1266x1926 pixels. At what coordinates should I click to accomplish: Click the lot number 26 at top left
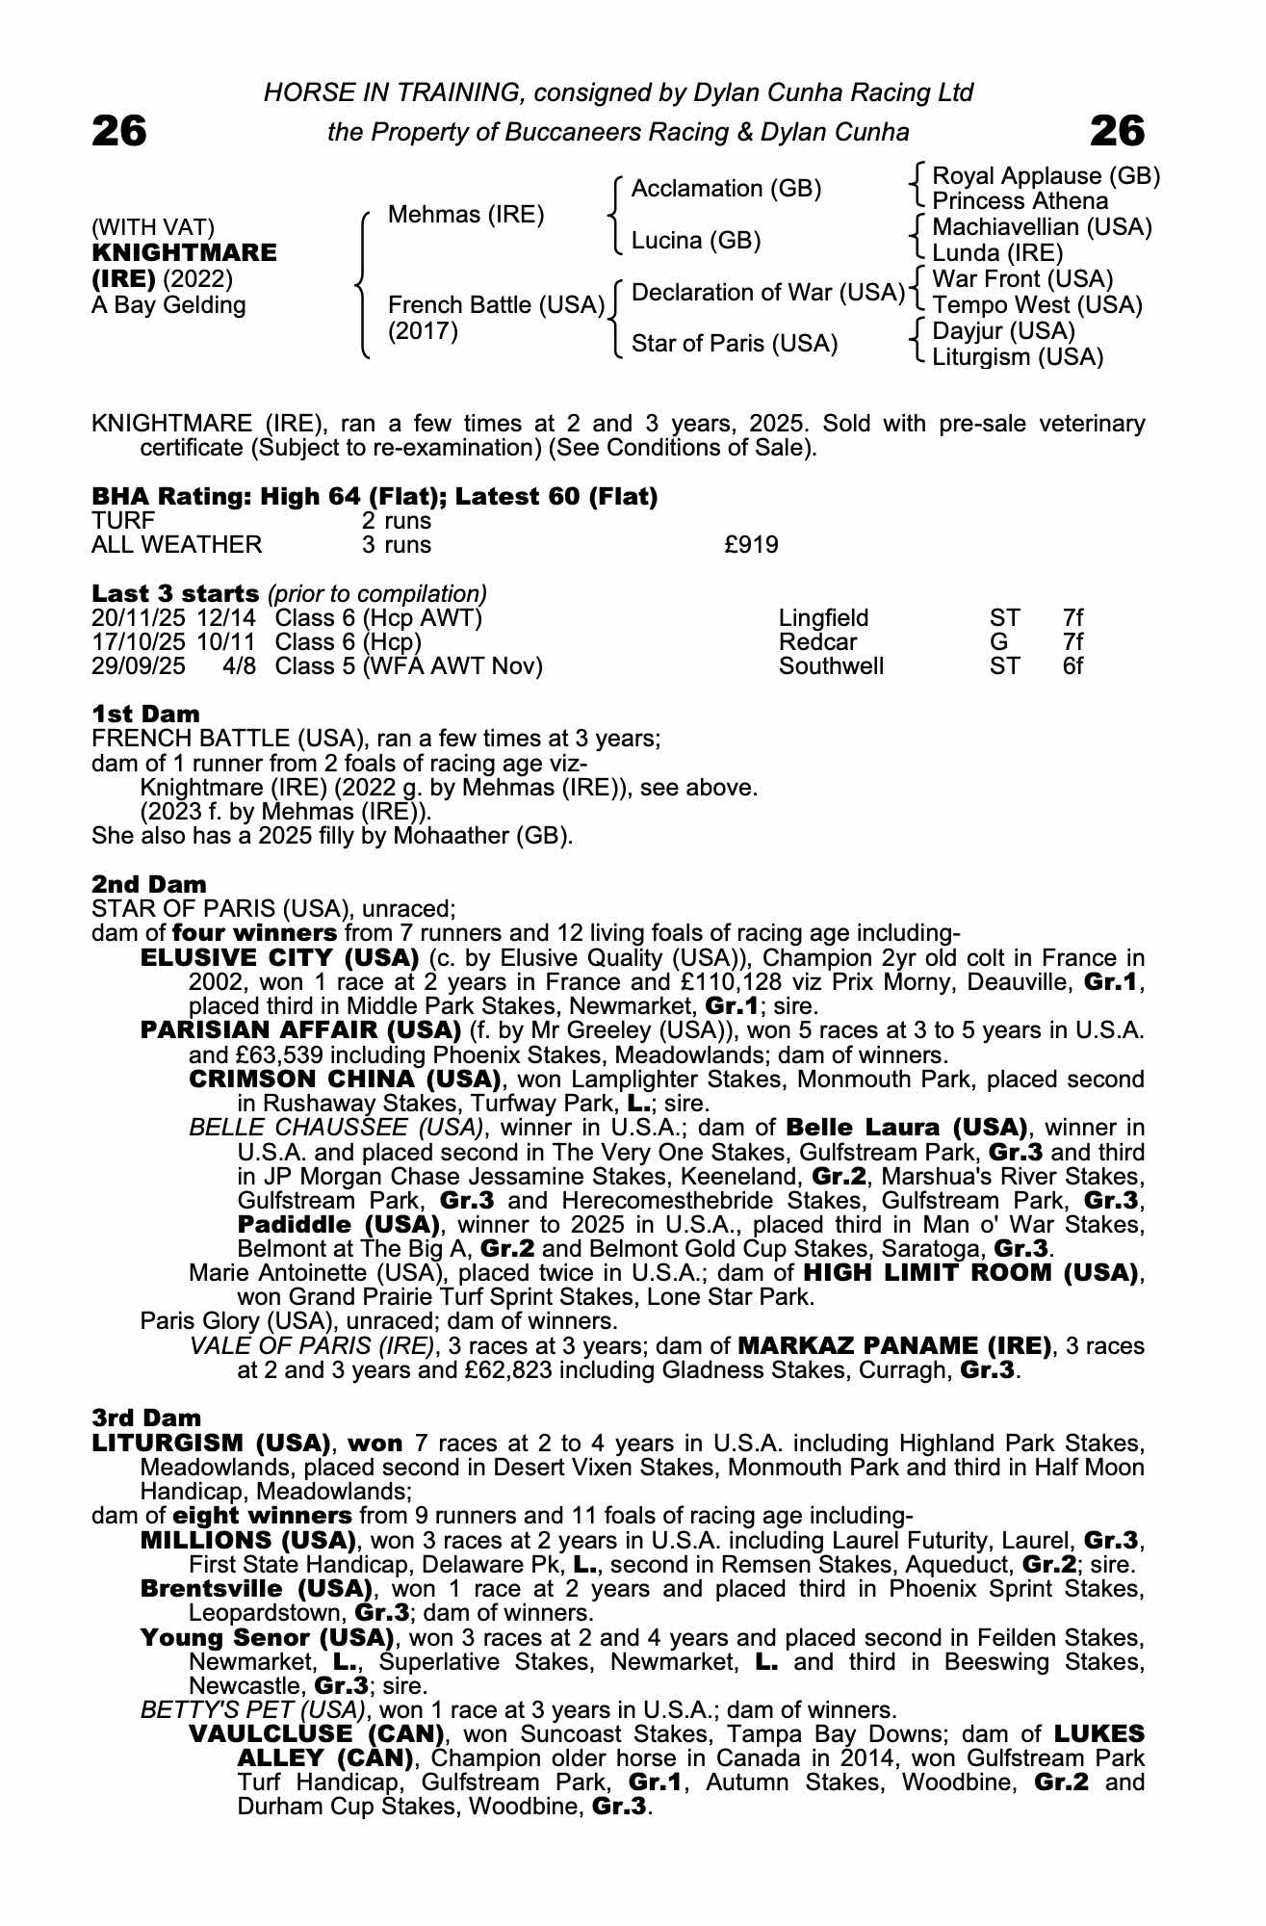coord(119,131)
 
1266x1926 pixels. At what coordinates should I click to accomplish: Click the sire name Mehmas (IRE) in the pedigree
coord(466,215)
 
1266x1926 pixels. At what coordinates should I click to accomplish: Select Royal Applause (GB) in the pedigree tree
coord(1046,176)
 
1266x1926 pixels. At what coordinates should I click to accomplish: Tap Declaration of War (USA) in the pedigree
coord(767,292)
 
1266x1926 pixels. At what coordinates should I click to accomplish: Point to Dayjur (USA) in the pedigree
coord(1003,331)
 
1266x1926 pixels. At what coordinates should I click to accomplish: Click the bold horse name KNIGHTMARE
coord(184,253)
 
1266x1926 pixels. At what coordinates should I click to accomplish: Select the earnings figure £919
coord(751,545)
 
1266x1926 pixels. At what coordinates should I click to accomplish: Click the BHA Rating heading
coord(375,497)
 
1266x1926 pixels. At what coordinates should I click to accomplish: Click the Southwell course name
coord(831,666)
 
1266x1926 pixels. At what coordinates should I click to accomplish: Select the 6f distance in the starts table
coord(1072,666)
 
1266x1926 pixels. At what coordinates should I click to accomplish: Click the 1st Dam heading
coord(145,715)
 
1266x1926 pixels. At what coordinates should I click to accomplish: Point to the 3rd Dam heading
coord(146,1418)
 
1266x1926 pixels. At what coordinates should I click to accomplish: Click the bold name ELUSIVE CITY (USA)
coord(279,959)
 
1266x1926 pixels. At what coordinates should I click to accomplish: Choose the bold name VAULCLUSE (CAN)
coord(316,1734)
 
